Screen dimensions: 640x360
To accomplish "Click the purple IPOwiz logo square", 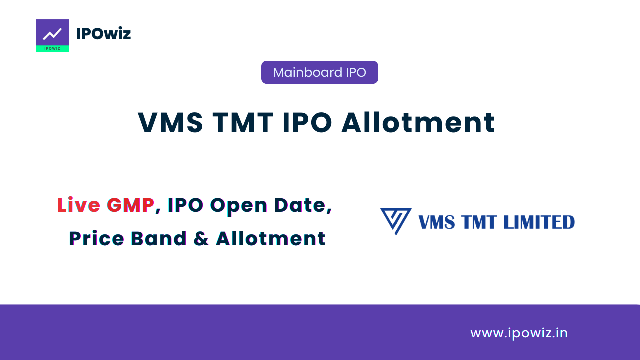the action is pos(52,35).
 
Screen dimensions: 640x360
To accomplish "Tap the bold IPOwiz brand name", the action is pos(103,34).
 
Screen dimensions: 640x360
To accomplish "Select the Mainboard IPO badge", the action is pos(319,72).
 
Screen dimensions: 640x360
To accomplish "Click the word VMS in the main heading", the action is pos(170,123).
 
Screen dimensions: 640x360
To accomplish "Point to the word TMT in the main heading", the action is pos(243,123).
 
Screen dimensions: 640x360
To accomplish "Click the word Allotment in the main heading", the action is pos(418,122).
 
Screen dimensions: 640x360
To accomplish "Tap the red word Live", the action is pos(79,205).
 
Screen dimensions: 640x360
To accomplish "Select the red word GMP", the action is pos(131,205).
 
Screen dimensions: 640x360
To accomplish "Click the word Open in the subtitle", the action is pos(238,205).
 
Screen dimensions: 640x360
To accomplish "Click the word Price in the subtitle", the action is pos(97,238).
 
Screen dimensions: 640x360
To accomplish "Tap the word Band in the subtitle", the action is pos(159,238).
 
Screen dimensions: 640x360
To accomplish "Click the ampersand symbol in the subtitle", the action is pos(201,238).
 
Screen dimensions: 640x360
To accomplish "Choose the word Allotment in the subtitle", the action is pos(271,238).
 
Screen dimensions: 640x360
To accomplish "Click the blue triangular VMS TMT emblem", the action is pos(396,221).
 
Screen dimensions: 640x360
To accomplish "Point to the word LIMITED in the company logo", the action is pos(539,222).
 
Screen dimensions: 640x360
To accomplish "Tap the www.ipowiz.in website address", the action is pos(519,333).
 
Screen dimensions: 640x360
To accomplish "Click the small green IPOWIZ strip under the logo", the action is pos(52,49).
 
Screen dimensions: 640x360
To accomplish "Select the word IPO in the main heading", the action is pos(307,123).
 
